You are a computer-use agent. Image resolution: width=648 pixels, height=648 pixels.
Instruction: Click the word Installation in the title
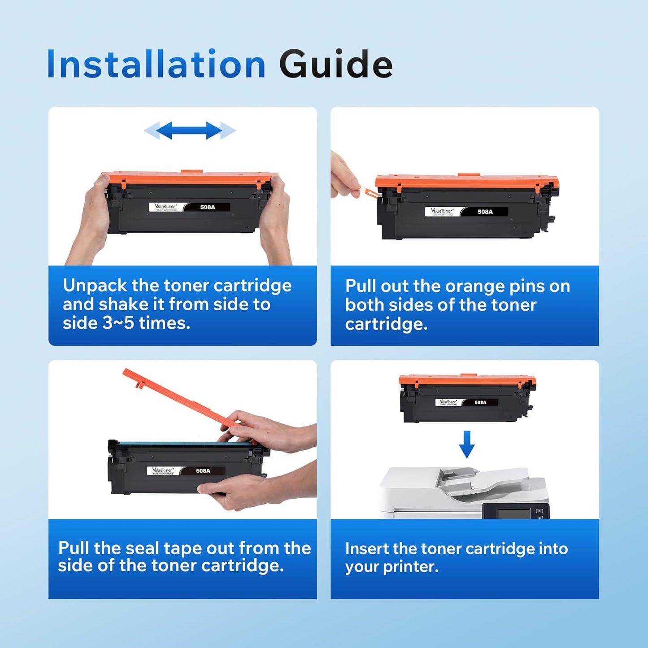(x=156, y=65)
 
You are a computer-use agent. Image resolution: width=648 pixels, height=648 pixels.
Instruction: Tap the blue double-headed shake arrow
(x=189, y=130)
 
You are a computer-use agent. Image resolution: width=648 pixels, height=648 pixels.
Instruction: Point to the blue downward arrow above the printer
(x=467, y=444)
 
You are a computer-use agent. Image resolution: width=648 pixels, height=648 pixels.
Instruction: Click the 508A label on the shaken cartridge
(x=208, y=207)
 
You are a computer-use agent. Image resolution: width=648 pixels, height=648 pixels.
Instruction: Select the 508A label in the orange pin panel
(x=485, y=212)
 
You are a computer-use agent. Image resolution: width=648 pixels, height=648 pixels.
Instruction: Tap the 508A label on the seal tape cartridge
(x=203, y=471)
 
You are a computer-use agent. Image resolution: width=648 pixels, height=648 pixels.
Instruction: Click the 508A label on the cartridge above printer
(x=480, y=402)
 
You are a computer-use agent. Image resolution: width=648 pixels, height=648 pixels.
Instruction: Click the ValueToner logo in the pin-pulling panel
(x=442, y=211)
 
